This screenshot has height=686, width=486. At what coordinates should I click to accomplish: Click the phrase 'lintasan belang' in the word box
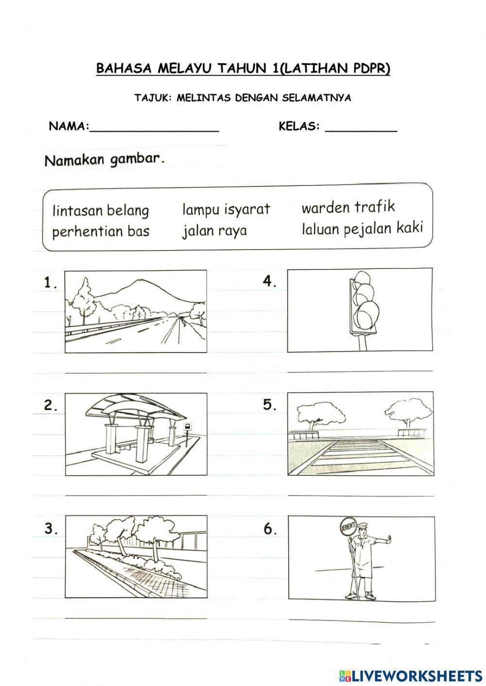pyautogui.click(x=100, y=211)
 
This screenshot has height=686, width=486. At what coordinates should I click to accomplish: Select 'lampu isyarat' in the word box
pyautogui.click(x=226, y=209)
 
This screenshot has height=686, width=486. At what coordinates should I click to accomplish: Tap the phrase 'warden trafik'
pyautogui.click(x=348, y=207)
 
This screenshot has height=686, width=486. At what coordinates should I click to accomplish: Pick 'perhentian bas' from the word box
pyautogui.click(x=101, y=232)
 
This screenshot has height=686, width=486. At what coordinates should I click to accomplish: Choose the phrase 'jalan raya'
pyautogui.click(x=214, y=231)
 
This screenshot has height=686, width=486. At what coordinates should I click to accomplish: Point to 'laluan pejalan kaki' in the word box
pyautogui.click(x=362, y=228)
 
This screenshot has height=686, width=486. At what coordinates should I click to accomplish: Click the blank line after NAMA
pyautogui.click(x=155, y=129)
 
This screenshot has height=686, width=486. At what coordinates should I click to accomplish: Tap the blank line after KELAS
pyautogui.click(x=361, y=129)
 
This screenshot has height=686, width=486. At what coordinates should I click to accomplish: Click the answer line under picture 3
pyautogui.click(x=136, y=618)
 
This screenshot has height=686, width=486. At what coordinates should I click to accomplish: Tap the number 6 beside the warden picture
pyautogui.click(x=270, y=529)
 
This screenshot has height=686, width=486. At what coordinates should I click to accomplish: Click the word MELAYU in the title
pyautogui.click(x=184, y=69)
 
